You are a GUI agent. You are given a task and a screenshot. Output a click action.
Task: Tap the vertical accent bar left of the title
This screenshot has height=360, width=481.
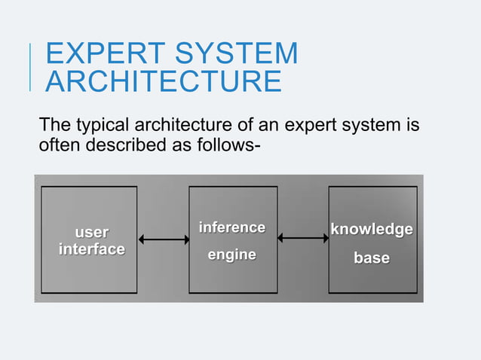[x=31, y=67]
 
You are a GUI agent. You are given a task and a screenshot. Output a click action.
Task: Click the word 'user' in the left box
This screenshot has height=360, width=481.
[x=90, y=232]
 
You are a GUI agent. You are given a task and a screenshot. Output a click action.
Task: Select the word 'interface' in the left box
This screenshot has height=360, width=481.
[x=91, y=249]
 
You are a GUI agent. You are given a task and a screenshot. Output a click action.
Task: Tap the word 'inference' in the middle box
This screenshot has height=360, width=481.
[x=231, y=227]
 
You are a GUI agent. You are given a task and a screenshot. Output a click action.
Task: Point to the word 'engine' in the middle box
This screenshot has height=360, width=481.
[x=231, y=255]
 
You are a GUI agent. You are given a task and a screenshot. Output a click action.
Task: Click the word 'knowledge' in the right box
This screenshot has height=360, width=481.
[x=372, y=229]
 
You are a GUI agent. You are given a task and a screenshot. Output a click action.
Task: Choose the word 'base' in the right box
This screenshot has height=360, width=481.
[x=372, y=258]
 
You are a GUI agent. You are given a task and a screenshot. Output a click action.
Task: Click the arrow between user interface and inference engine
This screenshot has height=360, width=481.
[x=164, y=240]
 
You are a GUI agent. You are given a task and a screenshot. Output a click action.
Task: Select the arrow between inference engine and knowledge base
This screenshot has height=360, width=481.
[x=303, y=238]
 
